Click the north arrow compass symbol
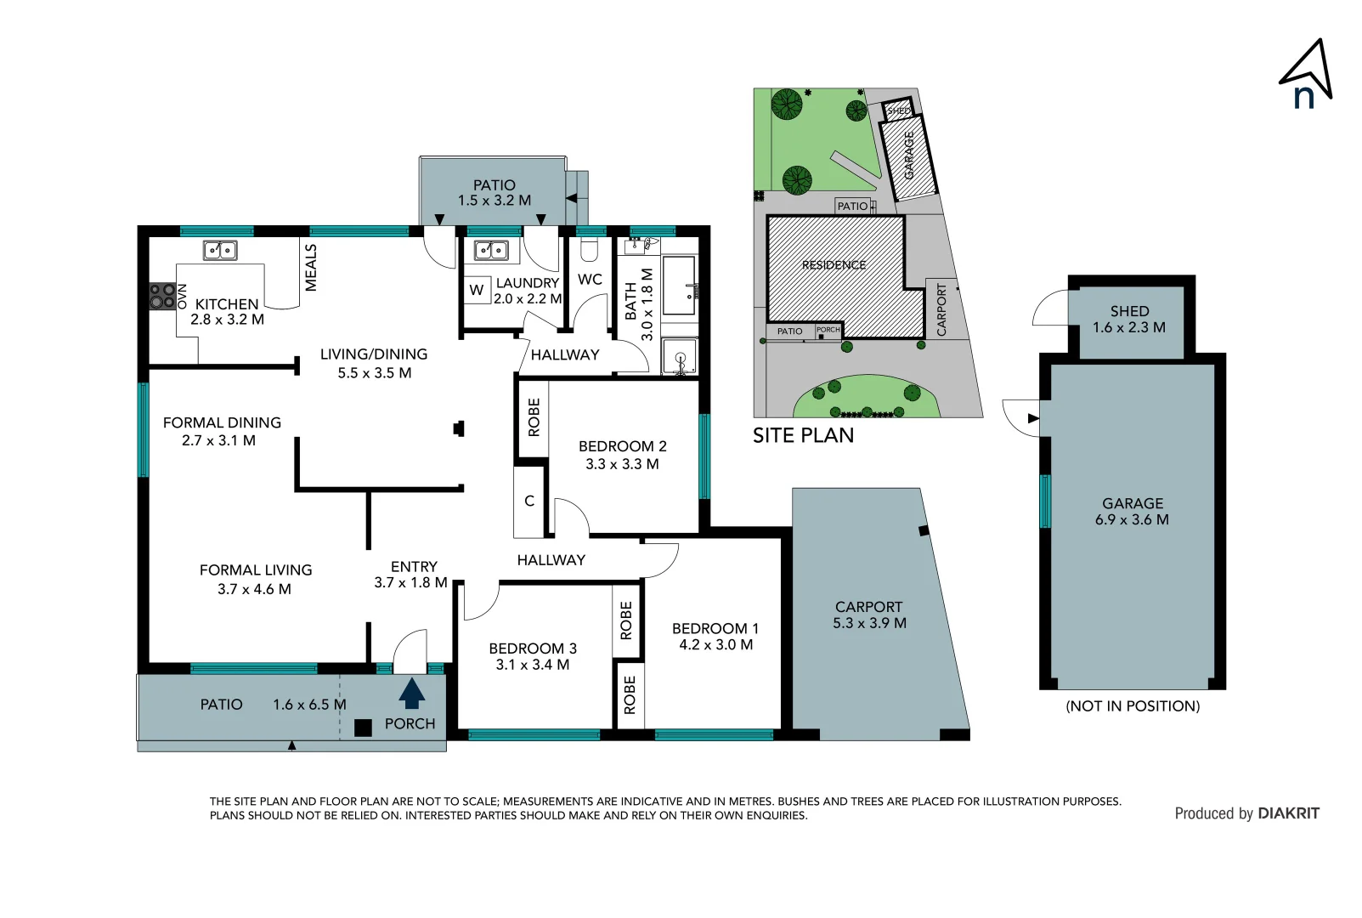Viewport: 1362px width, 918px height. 1306,75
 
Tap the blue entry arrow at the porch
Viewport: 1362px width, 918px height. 412,693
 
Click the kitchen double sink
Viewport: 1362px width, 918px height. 220,250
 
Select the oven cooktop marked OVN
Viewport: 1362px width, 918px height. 162,297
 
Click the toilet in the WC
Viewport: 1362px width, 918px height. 589,250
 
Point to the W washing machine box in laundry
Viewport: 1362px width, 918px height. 477,290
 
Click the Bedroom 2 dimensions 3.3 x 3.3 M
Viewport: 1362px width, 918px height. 622,464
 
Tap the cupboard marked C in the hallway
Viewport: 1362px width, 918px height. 529,501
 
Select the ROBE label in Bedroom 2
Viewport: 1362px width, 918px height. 534,417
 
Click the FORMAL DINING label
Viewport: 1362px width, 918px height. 222,422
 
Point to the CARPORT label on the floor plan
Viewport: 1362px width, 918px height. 868,607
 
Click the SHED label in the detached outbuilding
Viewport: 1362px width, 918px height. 1129,311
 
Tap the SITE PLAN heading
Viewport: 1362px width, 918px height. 803,435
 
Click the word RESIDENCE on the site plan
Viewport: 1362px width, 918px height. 834,265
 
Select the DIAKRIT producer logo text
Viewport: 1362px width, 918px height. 1288,813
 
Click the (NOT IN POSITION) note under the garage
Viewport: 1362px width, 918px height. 1133,706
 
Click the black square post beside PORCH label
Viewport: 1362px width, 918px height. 363,728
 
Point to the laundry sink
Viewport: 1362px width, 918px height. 491,250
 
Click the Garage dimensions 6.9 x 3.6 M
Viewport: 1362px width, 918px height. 1132,519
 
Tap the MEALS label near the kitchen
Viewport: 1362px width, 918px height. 311,268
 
